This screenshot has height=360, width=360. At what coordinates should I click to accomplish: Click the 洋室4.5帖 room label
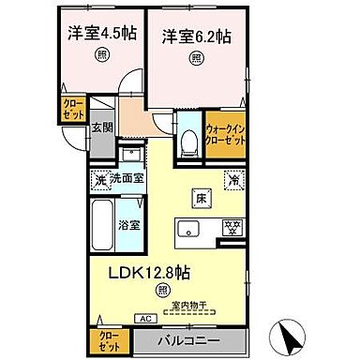point(102,33)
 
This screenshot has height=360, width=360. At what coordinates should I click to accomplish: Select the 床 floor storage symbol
point(199,198)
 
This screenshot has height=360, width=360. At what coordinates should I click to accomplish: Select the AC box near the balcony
point(145,319)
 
